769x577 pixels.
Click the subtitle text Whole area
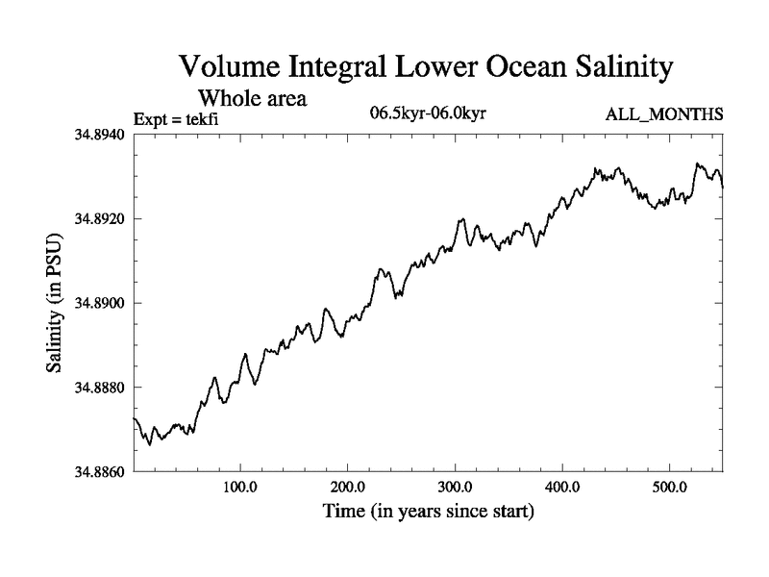[253, 98]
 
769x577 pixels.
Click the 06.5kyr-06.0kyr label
[428, 113]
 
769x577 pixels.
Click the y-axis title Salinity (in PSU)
[55, 304]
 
